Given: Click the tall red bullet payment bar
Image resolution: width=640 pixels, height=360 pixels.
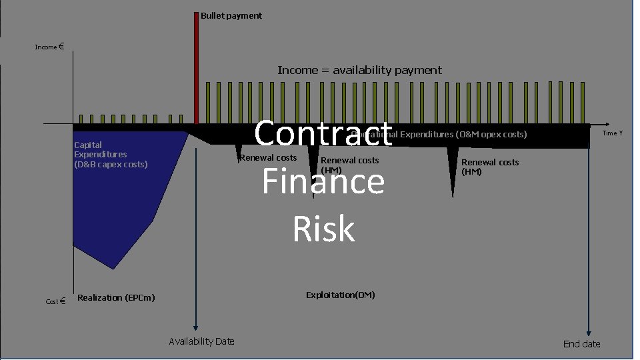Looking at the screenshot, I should tap(196, 67).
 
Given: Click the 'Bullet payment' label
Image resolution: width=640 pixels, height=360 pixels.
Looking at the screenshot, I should tap(231, 15).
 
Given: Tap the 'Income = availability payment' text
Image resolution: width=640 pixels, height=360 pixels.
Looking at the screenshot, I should tap(359, 70).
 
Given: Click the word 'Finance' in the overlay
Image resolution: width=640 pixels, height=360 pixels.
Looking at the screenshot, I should tap(323, 181).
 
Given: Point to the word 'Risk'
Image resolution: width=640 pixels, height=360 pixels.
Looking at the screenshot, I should tap(323, 229).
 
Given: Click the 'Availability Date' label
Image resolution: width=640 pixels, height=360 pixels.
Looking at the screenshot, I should tap(201, 341).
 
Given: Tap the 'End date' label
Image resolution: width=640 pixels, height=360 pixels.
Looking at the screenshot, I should tap(581, 344).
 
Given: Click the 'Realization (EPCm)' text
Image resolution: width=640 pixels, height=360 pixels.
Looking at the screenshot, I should tap(116, 297).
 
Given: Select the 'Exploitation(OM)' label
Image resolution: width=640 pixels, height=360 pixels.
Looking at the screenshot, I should tap(340, 295).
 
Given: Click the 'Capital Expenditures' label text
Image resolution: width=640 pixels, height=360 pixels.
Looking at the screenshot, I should tap(100, 149).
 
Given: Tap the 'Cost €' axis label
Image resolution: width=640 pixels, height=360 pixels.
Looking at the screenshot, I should tap(55, 301).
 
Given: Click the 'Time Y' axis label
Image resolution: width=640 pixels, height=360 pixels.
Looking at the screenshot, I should tap(612, 133).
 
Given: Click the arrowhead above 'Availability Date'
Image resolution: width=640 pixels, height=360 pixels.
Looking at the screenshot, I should tap(196, 327).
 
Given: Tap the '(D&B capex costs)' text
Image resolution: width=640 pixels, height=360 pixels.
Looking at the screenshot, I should tap(111, 164).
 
